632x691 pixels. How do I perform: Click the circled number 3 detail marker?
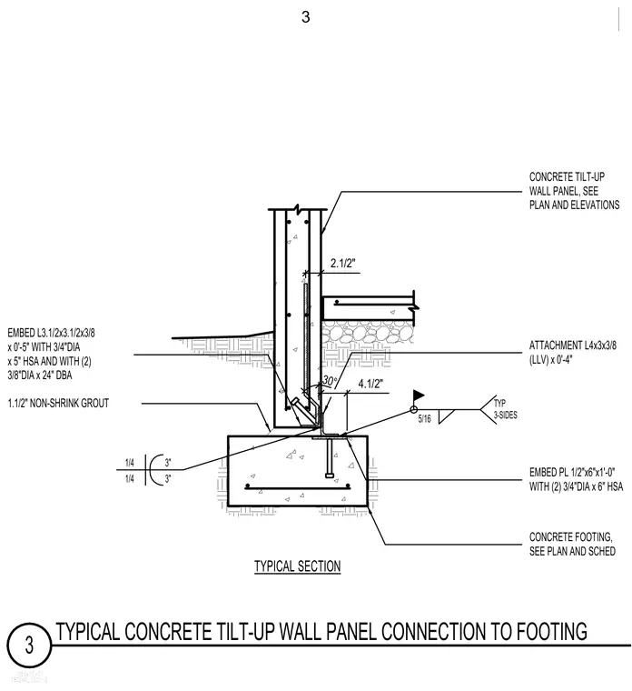[x=29, y=646]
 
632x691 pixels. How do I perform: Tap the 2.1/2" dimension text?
[x=343, y=263]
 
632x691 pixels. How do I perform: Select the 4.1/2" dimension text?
[x=370, y=384]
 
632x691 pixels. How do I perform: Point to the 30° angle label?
[x=331, y=380]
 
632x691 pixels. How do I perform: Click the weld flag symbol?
[x=418, y=396]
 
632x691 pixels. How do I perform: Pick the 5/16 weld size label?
[x=424, y=418]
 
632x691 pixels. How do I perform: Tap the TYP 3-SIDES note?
[x=505, y=409]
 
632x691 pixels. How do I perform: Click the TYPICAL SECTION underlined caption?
[x=298, y=566]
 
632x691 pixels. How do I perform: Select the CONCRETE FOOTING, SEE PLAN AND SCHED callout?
[x=572, y=544]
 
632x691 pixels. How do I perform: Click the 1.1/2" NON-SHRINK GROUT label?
[x=58, y=403]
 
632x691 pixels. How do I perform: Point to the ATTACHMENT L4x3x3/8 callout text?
[x=573, y=353]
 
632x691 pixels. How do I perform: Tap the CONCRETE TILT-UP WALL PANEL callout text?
[x=574, y=191]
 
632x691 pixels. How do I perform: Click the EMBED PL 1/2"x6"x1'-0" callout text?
[x=576, y=479]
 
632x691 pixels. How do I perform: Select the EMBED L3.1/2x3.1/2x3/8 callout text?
[x=51, y=354]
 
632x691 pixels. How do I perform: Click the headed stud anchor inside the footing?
[x=331, y=458]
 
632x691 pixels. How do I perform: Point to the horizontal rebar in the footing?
[x=298, y=487]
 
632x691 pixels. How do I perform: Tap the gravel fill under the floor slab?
[x=369, y=332]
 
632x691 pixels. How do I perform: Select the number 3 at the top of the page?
[x=305, y=17]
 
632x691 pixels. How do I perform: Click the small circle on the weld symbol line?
[x=414, y=410]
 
